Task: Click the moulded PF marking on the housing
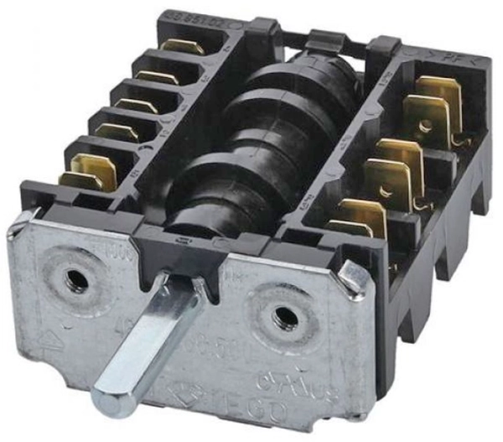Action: (x=454, y=58)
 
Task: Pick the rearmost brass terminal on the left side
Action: (x=184, y=47)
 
